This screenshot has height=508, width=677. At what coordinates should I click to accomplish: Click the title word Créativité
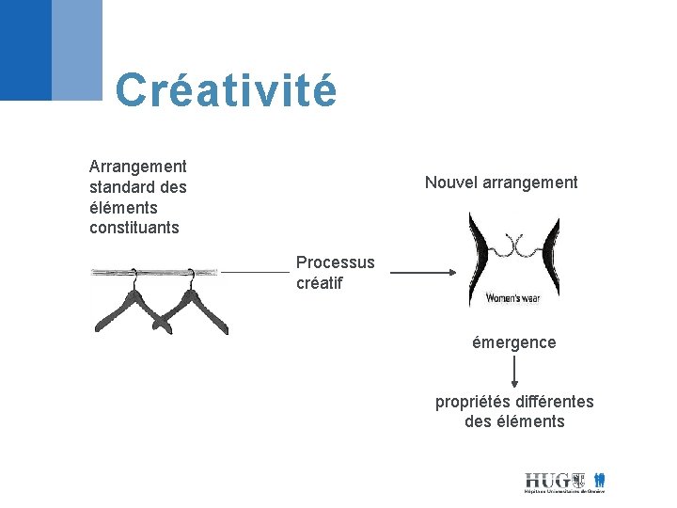[x=225, y=90]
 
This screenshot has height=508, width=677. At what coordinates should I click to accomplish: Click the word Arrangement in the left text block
[x=137, y=167]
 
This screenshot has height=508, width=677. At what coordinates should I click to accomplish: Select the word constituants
[x=134, y=228]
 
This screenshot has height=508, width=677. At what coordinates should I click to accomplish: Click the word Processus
[x=335, y=262]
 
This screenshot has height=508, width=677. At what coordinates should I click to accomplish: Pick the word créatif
[x=319, y=282]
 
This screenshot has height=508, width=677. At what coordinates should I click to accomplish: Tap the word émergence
[x=513, y=342]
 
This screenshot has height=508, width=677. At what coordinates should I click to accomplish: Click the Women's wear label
[x=513, y=298]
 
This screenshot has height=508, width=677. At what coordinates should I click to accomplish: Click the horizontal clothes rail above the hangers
[x=155, y=273]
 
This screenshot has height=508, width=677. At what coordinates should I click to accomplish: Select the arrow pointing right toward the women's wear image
[x=422, y=273]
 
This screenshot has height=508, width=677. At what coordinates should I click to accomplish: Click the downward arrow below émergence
[x=513, y=373]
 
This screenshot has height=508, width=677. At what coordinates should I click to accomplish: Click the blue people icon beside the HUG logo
[x=599, y=480]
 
